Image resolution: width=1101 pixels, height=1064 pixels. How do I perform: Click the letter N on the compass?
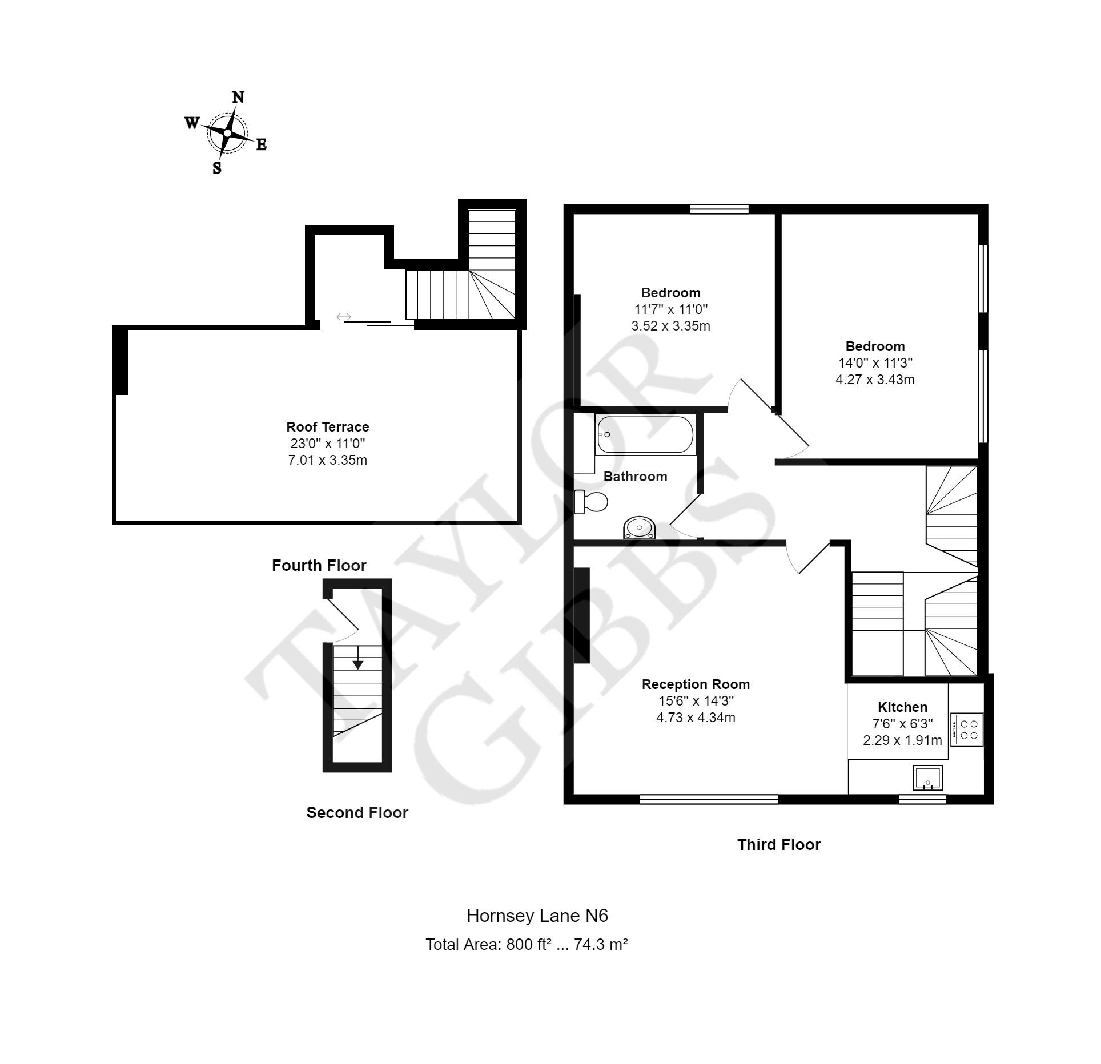(238, 98)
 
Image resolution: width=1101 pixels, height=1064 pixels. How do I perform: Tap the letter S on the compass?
(217, 168)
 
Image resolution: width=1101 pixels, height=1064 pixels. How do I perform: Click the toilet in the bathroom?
(591, 502)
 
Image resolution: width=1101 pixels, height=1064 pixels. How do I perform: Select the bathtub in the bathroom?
(645, 435)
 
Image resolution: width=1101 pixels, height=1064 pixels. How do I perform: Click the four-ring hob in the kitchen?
(967, 730)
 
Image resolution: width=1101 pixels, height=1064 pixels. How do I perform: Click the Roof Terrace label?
(328, 427)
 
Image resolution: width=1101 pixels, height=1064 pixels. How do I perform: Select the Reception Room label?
(696, 684)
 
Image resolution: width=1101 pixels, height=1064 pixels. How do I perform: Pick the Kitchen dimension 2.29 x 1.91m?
(902, 741)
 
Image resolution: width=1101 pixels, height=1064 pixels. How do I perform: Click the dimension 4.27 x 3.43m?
(875, 380)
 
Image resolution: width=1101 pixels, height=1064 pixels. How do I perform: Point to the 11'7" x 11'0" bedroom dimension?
(671, 309)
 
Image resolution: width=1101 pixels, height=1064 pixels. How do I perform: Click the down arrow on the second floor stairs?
(358, 657)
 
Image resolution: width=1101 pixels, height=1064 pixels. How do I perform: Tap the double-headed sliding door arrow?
(343, 317)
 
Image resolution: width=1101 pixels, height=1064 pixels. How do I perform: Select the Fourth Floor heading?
(319, 566)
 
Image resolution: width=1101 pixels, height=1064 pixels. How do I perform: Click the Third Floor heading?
(779, 845)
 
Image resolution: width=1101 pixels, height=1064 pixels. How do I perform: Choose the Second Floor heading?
(357, 813)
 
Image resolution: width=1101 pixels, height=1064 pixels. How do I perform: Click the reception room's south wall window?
(709, 800)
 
